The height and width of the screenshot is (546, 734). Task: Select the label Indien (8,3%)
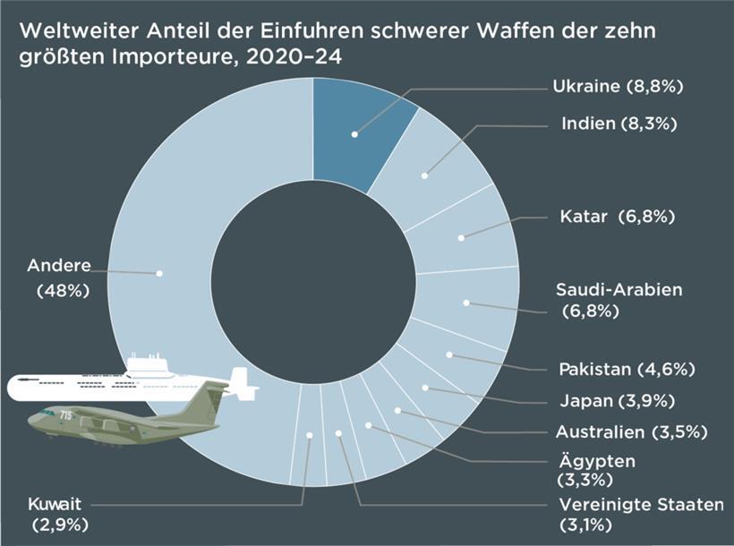pos(619,124)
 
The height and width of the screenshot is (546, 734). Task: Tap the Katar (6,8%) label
pos(617,217)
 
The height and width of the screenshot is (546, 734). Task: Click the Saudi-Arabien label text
pos(619,290)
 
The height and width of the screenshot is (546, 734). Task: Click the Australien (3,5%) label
pos(631,432)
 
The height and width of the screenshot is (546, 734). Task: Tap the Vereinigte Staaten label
pos(640,505)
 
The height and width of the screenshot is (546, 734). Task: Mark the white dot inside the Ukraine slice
pos(354,134)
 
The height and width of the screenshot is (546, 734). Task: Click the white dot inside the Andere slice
pos(160,273)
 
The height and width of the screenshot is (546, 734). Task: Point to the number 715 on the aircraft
pos(66,414)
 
